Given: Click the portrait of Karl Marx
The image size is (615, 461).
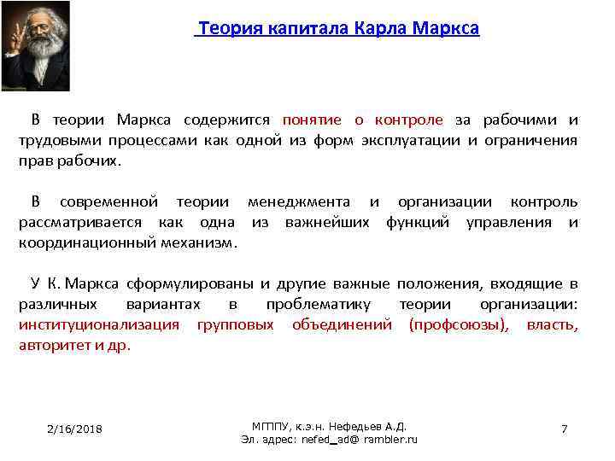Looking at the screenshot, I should click(36, 46).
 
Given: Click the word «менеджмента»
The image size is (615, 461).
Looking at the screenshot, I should click(298, 202).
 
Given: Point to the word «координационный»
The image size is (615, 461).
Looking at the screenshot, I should click(87, 242).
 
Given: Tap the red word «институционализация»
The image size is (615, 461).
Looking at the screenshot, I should click(99, 324).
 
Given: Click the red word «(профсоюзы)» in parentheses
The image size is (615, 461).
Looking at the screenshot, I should click(459, 324).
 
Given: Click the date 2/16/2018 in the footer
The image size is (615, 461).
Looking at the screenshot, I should click(74, 429).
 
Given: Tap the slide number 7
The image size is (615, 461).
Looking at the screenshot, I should click(564, 429).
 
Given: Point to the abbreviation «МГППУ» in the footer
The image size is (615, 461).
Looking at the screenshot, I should click(272, 426).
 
